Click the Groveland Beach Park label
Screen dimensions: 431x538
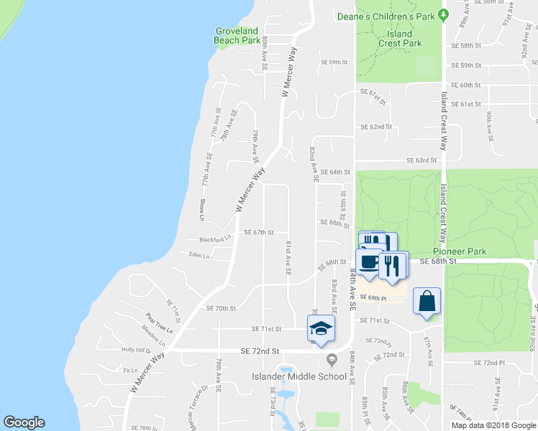coord(237,36)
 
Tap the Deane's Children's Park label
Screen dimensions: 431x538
coord(387,16)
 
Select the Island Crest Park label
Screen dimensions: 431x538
coord(400,38)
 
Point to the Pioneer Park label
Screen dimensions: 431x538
coord(460,252)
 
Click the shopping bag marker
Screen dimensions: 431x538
coord(427,302)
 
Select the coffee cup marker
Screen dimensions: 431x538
coord(370,261)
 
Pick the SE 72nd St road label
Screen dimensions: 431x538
coord(260,351)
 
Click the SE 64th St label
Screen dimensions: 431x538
coord(335,172)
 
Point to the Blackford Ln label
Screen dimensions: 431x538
coord(214,238)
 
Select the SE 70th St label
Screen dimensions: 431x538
coord(221,308)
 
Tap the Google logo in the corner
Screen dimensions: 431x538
coord(24,422)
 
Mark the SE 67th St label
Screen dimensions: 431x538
coord(260,233)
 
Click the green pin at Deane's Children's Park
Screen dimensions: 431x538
coord(444,14)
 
